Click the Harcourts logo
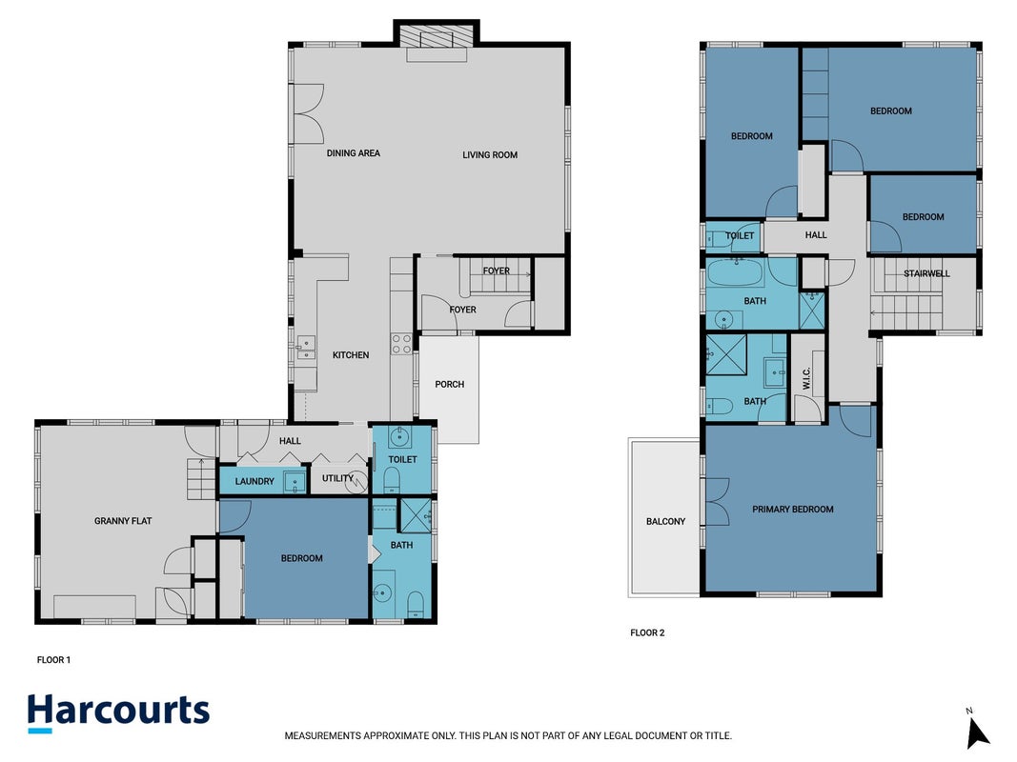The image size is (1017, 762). [x=119, y=712]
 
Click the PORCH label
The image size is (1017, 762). [x=450, y=384]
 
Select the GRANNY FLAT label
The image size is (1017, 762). [x=123, y=521]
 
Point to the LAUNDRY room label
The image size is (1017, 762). [x=254, y=481]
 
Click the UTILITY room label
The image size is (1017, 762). [x=337, y=478]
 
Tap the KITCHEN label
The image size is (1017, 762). [x=351, y=355]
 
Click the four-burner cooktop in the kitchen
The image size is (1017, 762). [x=401, y=344]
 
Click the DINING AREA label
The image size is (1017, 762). [x=354, y=153]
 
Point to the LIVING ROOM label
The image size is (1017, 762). [x=490, y=155]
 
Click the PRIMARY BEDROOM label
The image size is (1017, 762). [x=793, y=510]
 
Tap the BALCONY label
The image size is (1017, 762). [x=665, y=522]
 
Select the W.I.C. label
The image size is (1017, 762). [x=806, y=378]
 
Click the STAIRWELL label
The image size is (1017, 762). [x=926, y=273]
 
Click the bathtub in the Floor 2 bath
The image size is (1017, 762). [x=735, y=272]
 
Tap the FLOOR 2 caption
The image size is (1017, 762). [x=647, y=633]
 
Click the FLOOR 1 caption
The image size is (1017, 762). [x=53, y=660]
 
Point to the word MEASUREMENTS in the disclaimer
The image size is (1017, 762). [x=322, y=736]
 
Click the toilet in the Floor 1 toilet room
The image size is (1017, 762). [x=391, y=480]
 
